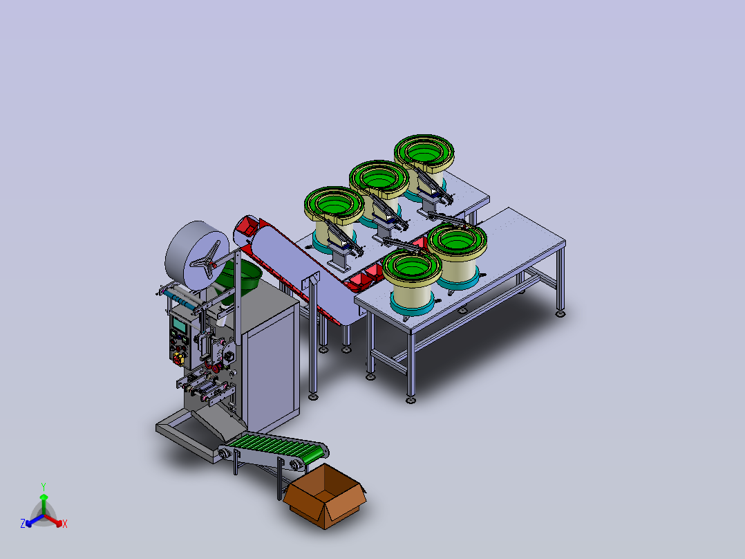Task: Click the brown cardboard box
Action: [325, 497]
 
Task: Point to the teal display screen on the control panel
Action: [179, 325]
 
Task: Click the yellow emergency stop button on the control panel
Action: [178, 357]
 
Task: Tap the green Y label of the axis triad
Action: [44, 486]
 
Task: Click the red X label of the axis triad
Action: [65, 524]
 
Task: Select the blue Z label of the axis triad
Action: [22, 523]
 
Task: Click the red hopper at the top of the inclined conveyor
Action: [247, 226]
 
